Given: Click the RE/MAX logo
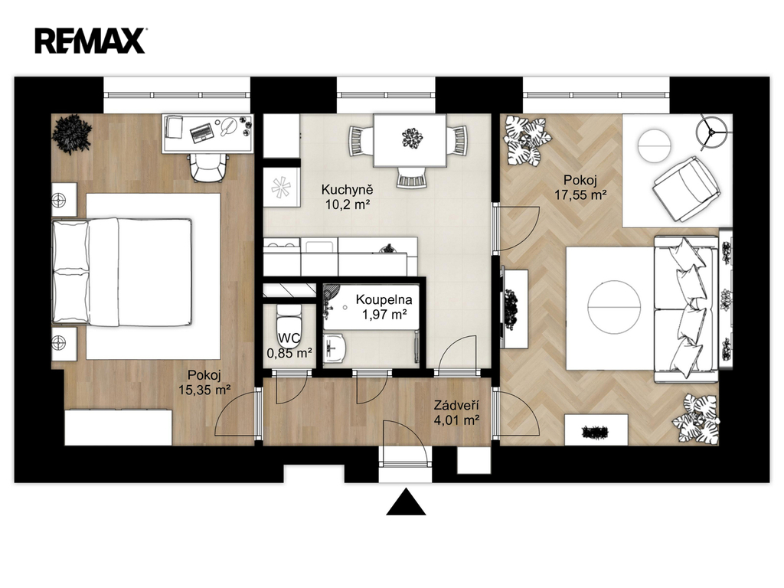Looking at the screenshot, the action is pyautogui.click(x=90, y=41).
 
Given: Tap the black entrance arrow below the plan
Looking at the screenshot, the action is pyautogui.click(x=406, y=502).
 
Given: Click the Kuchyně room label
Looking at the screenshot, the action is pyautogui.click(x=347, y=190).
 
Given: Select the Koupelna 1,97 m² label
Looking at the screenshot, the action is pyautogui.click(x=384, y=307).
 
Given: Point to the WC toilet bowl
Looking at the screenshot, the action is pyautogui.click(x=289, y=325).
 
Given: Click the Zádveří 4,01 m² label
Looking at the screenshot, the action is pyautogui.click(x=456, y=413).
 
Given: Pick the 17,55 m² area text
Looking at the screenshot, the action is pyautogui.click(x=580, y=194).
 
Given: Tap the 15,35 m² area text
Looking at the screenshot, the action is pyautogui.click(x=204, y=390).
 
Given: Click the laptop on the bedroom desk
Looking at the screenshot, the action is pyautogui.click(x=202, y=132).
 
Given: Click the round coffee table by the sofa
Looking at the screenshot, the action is pyautogui.click(x=614, y=306).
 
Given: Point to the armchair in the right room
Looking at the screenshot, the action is pyautogui.click(x=686, y=188).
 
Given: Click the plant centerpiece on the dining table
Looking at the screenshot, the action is pyautogui.click(x=412, y=138).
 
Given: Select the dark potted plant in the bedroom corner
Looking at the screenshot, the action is pyautogui.click(x=72, y=134).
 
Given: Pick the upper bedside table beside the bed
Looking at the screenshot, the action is pyautogui.click(x=64, y=200).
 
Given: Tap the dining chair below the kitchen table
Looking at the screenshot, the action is pyautogui.click(x=412, y=178).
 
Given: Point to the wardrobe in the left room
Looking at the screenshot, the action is pyautogui.click(x=119, y=427).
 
